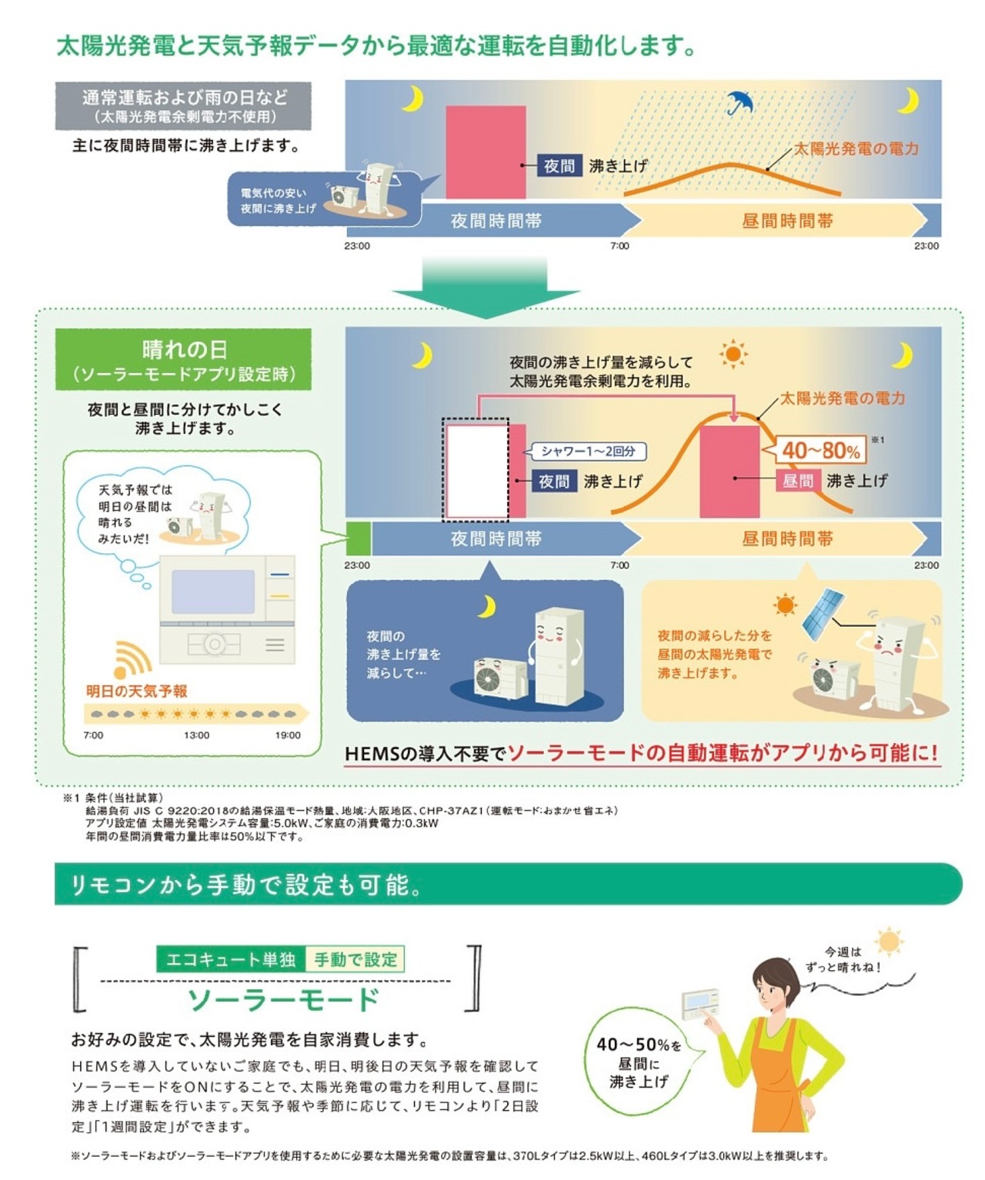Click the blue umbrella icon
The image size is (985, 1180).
[740, 102]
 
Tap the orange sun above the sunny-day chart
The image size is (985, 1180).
[733, 355]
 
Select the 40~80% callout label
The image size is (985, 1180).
[821, 451]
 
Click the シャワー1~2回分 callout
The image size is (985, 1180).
[589, 452]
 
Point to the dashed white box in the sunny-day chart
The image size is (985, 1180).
[476, 469]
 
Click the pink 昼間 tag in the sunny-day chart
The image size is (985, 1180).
[798, 481]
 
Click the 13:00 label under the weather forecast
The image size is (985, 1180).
[196, 735]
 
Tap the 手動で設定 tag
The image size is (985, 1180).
[356, 959]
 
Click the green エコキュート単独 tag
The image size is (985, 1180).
[231, 959]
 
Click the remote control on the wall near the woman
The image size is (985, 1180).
[700, 1003]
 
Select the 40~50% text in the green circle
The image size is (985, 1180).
[638, 1045]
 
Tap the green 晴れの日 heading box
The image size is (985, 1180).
[184, 360]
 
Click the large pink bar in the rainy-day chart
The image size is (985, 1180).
[486, 152]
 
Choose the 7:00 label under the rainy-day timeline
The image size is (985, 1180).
[619, 246]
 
